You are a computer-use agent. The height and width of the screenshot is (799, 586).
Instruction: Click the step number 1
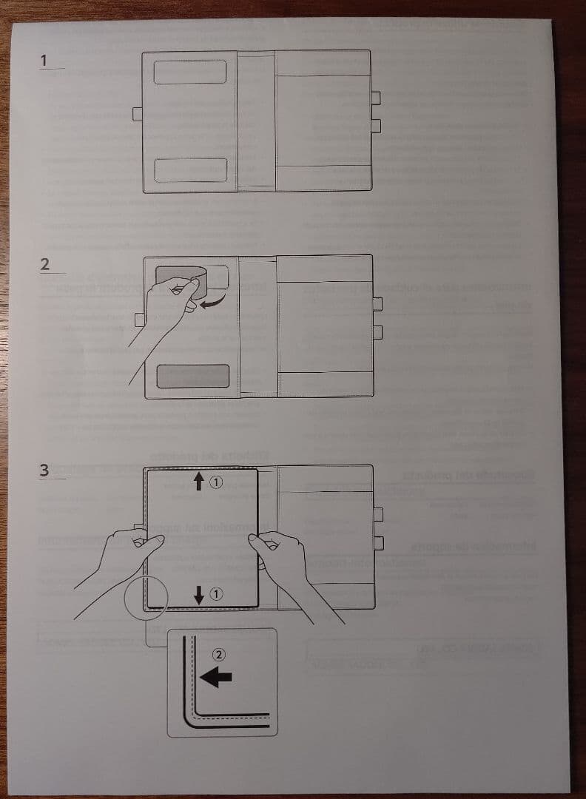44,60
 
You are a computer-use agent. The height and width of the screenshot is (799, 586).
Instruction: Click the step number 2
45,265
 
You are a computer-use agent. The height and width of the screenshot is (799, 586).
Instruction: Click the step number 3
45,471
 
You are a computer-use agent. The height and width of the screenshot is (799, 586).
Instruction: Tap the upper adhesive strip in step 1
190,72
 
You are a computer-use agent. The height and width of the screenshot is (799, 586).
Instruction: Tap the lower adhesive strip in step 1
190,169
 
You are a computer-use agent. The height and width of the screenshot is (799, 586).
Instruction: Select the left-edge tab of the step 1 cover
138,113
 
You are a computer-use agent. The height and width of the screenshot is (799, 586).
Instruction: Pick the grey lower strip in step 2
192,375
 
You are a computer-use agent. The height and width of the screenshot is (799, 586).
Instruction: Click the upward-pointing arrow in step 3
198,483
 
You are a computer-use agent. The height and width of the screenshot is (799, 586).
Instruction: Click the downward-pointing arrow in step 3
198,593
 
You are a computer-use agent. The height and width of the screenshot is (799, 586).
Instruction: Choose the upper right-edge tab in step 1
375,98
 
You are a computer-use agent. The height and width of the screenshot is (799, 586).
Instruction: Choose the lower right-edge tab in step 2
377,331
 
